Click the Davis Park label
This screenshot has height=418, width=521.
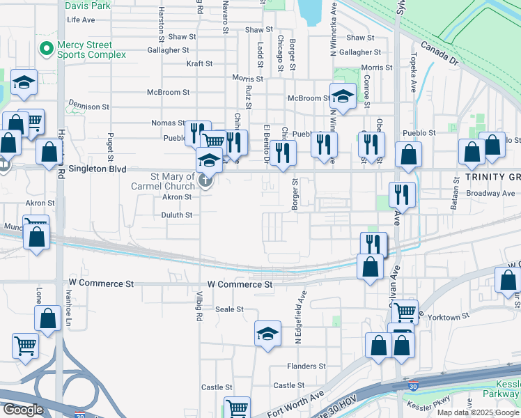point(88,6)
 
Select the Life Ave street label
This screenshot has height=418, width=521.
point(80,20)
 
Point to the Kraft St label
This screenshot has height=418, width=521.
point(199,63)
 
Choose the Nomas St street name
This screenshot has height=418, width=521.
point(169,123)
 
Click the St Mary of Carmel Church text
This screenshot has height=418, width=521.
point(163,181)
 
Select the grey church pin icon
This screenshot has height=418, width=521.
point(205,181)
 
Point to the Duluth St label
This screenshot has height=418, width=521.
point(177,215)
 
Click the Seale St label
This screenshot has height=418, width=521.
point(229,309)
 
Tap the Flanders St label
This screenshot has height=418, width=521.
point(306,366)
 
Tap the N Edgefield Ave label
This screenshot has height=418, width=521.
point(300,318)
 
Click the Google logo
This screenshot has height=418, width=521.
point(23,410)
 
